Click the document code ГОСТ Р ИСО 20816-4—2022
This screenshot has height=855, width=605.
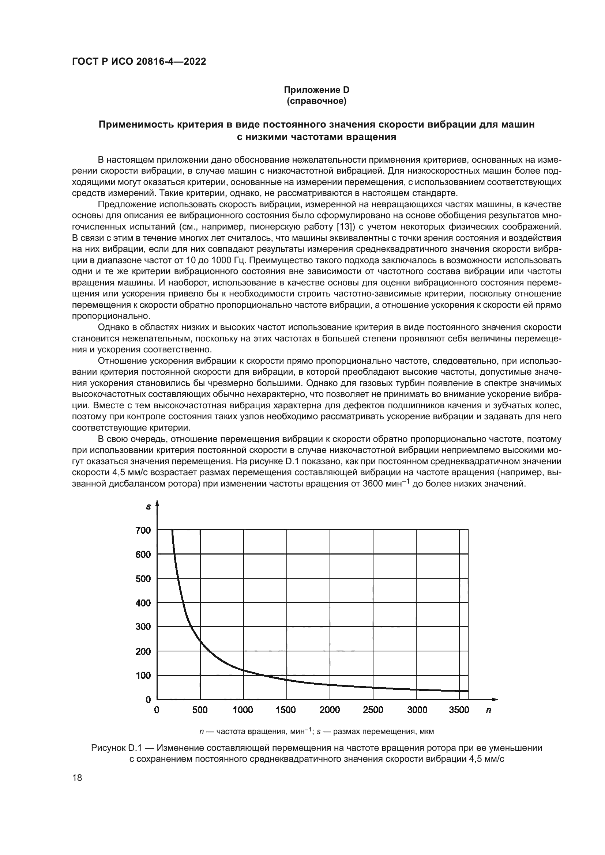pyautogui.click(x=139, y=61)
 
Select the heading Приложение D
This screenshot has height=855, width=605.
pyautogui.click(x=316, y=90)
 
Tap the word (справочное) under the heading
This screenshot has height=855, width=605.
pyautogui.click(x=316, y=101)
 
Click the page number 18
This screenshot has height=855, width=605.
pyautogui.click(x=77, y=778)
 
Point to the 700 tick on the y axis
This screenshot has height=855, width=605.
pyautogui.click(x=143, y=530)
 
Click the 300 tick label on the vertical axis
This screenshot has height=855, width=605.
pyautogui.click(x=143, y=627)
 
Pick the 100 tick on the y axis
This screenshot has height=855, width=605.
pyautogui.click(x=143, y=676)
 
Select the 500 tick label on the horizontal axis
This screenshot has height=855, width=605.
pyautogui.click(x=200, y=710)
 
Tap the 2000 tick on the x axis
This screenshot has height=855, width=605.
pyautogui.click(x=330, y=710)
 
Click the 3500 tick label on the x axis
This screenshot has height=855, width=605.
pyautogui.click(x=459, y=710)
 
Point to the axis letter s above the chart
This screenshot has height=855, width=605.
pyautogui.click(x=148, y=507)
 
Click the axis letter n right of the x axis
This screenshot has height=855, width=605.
pyautogui.click(x=488, y=711)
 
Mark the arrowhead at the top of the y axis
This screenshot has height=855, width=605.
pyautogui.click(x=157, y=503)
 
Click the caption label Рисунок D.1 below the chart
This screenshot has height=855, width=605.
pyautogui.click(x=118, y=748)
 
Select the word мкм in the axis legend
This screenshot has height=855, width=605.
pyautogui.click(x=426, y=731)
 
